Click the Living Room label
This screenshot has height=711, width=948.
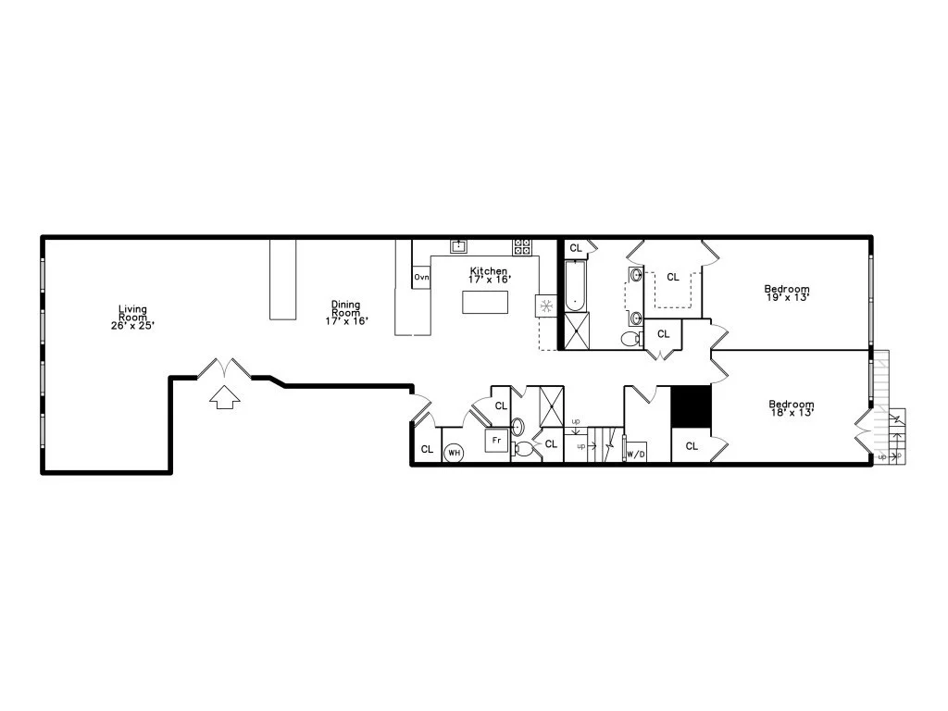click(x=132, y=317)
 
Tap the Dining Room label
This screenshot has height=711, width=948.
click(x=345, y=312)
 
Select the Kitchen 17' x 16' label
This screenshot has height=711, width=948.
click(x=488, y=275)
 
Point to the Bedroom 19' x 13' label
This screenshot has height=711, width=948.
click(x=787, y=293)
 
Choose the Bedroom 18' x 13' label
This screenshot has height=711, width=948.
click(x=792, y=408)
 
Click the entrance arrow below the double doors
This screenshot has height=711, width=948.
click(x=225, y=397)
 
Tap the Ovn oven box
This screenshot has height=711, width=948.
click(x=421, y=277)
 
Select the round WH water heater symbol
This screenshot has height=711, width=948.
click(x=455, y=453)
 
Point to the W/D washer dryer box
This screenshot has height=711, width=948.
click(x=636, y=454)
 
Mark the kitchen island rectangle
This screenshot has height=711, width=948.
click(x=485, y=303)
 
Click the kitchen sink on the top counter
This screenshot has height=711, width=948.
click(x=458, y=245)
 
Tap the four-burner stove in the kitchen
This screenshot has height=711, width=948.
click(x=522, y=246)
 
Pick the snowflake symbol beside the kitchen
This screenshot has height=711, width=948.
click(x=545, y=305)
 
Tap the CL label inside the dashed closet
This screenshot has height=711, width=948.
click(x=673, y=277)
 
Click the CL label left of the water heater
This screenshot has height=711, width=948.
click(x=427, y=449)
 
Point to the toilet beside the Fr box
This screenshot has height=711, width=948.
click(x=524, y=450)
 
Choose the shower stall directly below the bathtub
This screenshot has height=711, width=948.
click(x=576, y=331)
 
